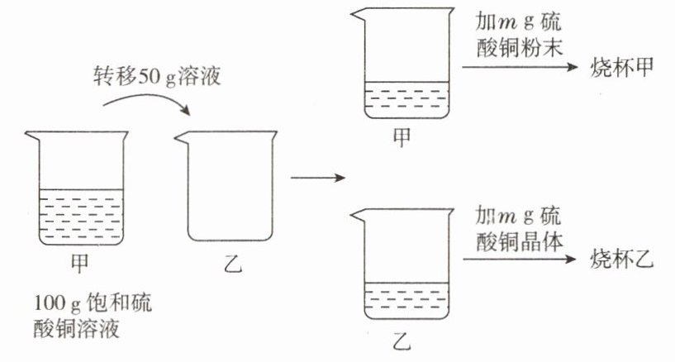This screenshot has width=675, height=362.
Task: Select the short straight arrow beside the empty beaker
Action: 315,177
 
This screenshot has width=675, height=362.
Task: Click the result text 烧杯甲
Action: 620,69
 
